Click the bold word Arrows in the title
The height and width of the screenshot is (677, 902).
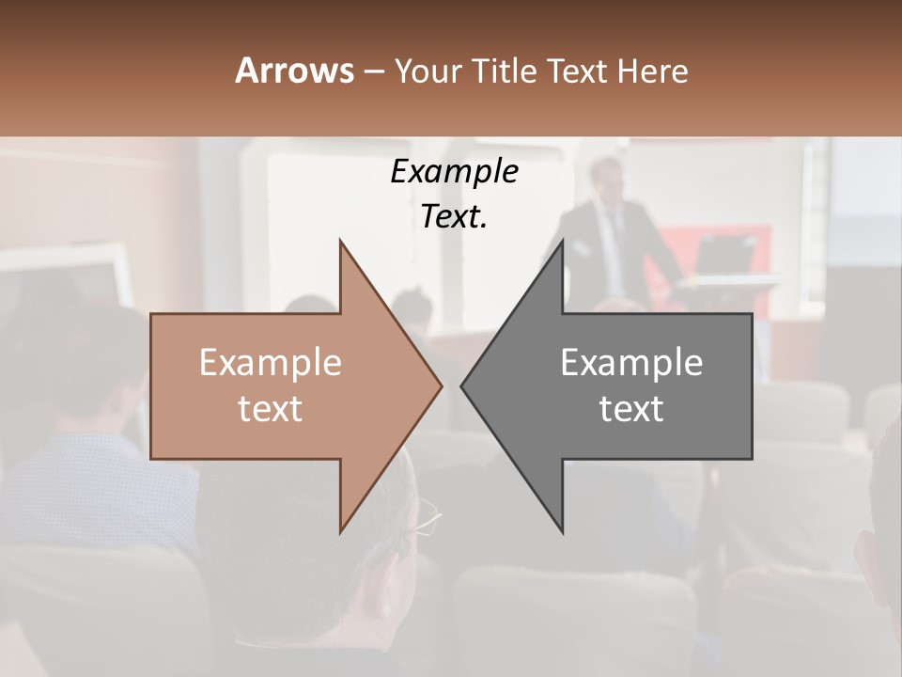click(294, 71)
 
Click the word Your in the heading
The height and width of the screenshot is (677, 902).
click(428, 71)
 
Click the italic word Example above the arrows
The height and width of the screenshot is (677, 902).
click(454, 172)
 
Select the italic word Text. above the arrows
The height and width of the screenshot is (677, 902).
click(454, 217)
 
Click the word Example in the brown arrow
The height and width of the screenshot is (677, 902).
click(271, 363)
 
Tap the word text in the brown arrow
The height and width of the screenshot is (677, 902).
click(271, 409)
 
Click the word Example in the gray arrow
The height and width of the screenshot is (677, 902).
click(631, 363)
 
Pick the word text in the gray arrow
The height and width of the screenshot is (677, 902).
click(631, 409)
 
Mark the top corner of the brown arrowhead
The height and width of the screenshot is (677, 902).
click(340, 242)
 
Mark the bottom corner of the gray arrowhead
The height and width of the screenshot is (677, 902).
click(562, 531)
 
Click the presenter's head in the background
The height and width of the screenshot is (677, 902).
click(607, 179)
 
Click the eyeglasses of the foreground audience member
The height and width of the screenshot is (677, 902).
click(426, 517)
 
